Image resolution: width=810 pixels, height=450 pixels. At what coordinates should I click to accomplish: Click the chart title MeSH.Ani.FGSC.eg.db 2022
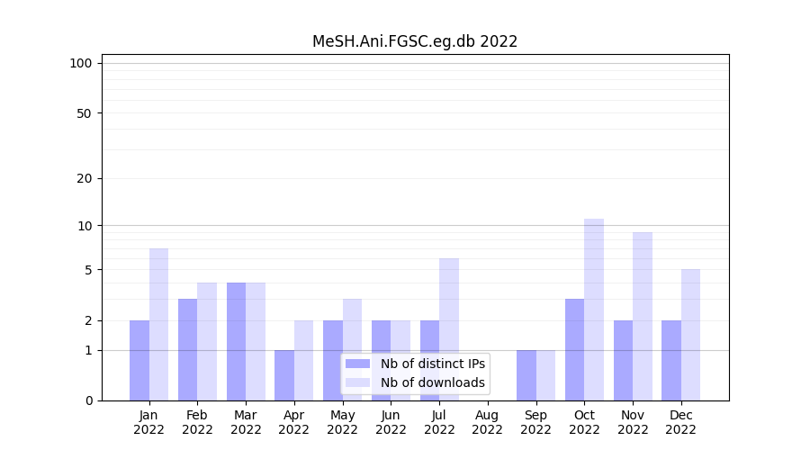coord(415,41)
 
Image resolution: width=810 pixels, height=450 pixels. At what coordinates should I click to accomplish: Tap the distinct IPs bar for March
coord(236,341)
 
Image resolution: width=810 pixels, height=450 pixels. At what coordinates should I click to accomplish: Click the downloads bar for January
coord(159,324)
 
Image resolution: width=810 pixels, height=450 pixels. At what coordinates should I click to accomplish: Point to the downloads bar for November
coord(643,316)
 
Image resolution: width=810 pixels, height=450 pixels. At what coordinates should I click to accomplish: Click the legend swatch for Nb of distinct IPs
coord(357,364)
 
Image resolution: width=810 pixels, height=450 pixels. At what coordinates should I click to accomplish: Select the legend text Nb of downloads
coord(433,382)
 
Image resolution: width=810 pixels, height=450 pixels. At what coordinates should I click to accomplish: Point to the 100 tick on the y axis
coord(81,63)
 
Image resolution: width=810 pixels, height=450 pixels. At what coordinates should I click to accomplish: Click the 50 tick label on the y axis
coord(84,113)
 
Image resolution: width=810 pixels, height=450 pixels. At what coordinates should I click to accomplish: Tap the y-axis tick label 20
coord(84,178)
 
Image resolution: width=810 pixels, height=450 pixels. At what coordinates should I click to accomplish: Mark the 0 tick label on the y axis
coord(88,400)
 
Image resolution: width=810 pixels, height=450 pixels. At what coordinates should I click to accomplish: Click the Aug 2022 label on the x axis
coord(488,422)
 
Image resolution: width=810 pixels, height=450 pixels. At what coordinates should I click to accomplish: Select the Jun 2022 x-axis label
coord(391,422)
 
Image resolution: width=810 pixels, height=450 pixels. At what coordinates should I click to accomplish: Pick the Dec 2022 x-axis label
coord(681,422)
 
